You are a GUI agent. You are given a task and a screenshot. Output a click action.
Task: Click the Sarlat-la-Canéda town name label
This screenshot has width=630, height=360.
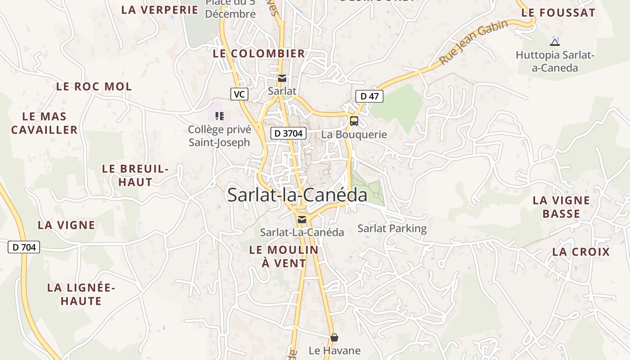(x=297, y=195)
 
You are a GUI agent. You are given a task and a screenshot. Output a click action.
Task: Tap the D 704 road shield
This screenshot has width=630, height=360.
(x=24, y=247)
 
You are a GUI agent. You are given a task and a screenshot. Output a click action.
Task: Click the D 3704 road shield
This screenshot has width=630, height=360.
(x=288, y=133)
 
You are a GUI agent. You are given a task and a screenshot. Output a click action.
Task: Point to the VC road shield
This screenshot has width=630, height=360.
(x=239, y=94)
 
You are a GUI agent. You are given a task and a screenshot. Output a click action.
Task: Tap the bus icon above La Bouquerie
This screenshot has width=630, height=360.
(x=354, y=121)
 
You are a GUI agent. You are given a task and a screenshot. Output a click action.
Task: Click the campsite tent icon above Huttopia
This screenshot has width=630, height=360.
(x=554, y=43)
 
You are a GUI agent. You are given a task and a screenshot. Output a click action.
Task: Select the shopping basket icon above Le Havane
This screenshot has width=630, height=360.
(x=334, y=337)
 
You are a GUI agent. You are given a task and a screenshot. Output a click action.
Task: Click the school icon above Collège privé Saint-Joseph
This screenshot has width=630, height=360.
(x=220, y=116)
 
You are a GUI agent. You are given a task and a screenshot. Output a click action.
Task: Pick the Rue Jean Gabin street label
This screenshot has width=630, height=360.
(x=473, y=42)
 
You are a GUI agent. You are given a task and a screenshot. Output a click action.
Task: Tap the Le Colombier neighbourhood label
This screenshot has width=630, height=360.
(x=259, y=54)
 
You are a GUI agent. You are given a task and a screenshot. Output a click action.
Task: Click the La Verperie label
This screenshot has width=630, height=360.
(x=160, y=10)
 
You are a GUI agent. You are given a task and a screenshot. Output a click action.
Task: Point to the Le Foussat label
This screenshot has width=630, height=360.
(x=558, y=13)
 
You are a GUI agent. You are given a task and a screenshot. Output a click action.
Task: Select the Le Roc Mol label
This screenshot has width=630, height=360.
(x=94, y=86)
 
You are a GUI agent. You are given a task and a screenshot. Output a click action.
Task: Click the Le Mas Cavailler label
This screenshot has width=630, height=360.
(x=45, y=123)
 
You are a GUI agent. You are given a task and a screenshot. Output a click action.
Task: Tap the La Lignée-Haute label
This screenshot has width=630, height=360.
(x=81, y=294)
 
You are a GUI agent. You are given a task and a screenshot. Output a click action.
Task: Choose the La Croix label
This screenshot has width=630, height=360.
(x=581, y=252)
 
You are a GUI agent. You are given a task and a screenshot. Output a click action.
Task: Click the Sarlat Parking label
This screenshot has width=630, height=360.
(x=392, y=229)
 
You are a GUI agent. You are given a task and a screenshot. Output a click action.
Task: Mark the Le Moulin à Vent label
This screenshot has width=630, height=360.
(x=284, y=256)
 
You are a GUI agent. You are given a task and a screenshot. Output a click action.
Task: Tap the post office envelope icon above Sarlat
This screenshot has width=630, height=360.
(x=282, y=79)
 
